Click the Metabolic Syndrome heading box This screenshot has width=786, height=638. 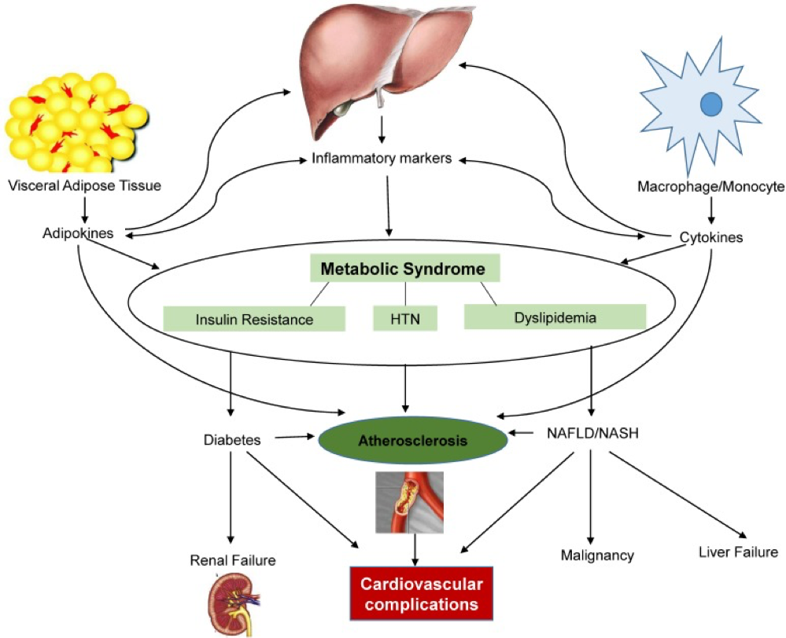tap(405, 268)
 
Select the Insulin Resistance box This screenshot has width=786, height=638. tap(254, 319)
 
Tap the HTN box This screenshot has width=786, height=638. tap(405, 318)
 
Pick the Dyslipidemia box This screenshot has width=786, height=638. tap(555, 317)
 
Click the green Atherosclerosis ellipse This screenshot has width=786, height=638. tap(413, 441)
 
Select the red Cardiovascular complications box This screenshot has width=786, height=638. tap(422, 593)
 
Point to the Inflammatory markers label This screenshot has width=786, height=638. tap(382, 159)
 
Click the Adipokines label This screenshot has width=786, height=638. tap(78, 233)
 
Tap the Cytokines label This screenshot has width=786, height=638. tap(710, 236)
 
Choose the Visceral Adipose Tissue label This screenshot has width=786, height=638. tap(85, 185)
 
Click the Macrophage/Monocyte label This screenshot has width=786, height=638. tap(710, 187)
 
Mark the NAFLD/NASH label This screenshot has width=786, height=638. tap(592, 433)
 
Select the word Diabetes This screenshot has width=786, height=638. tap(232, 440)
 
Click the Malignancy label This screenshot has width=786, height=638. tap(597, 555)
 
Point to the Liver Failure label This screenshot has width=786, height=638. tap(738, 552)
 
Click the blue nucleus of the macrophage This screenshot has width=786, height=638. tap(710, 104)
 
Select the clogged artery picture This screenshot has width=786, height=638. tap(410, 502)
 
